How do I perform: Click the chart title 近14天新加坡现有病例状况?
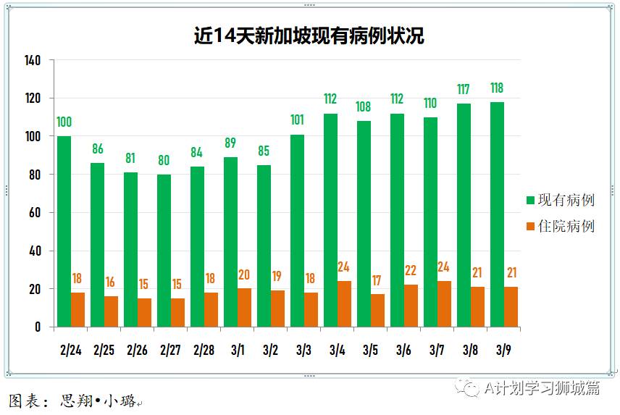309,35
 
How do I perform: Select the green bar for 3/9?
497,214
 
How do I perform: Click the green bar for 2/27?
164,251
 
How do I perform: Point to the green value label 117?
464,90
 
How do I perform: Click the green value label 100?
64,122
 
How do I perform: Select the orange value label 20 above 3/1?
244,274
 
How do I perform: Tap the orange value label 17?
377,280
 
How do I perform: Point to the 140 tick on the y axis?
33,60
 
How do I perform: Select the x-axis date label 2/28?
204,351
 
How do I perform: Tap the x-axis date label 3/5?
370,351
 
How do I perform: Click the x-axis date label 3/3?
303,351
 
